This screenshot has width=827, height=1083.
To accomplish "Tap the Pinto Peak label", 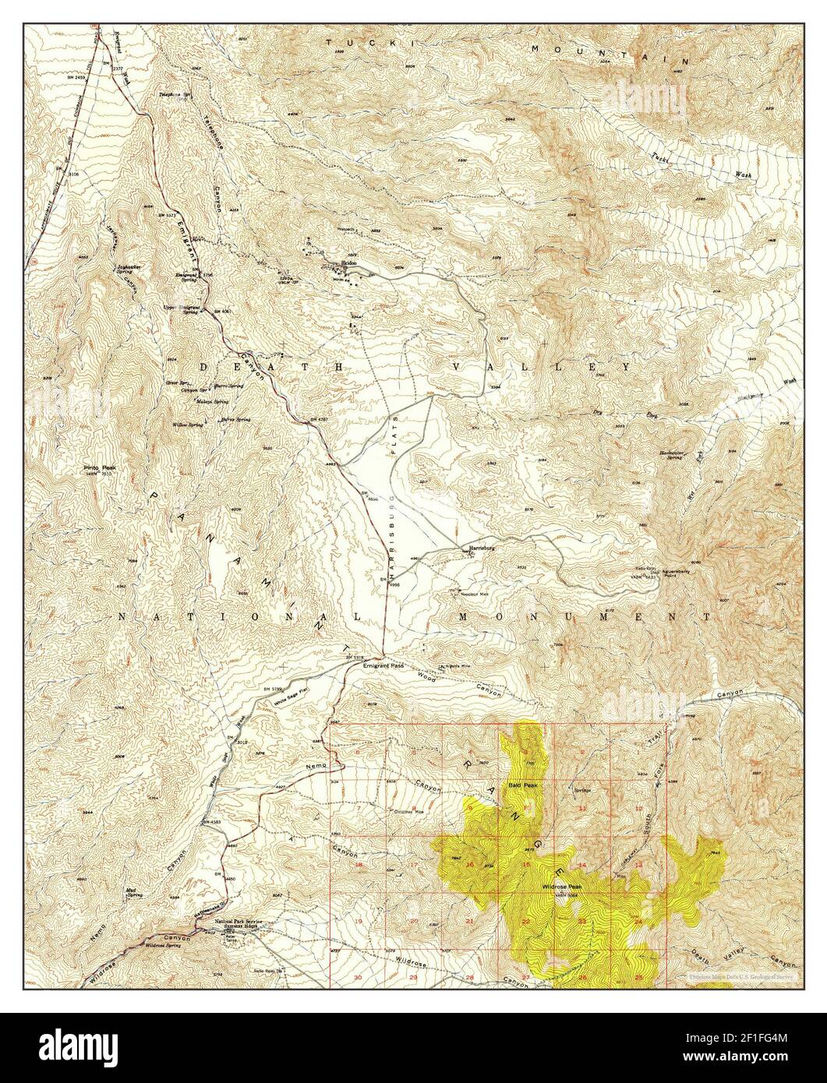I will [98, 468].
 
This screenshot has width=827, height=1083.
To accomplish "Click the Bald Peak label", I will [522, 785].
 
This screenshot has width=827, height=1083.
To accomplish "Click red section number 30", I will [358, 977].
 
